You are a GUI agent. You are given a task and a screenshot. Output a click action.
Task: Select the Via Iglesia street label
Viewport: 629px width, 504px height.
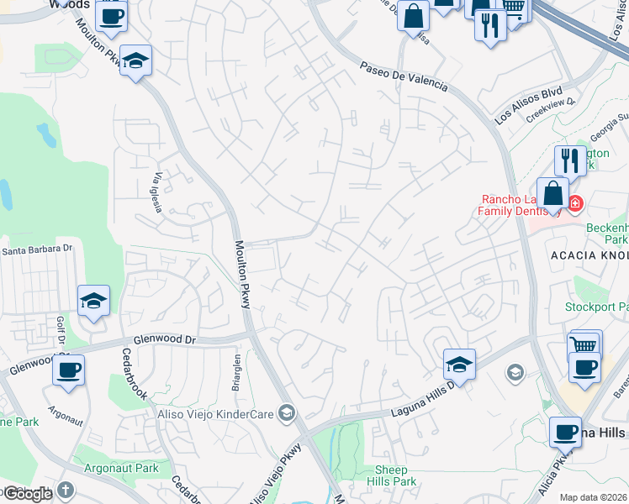tap(157, 192)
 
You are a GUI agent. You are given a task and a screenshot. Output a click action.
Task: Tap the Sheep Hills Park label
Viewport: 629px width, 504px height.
tap(392, 475)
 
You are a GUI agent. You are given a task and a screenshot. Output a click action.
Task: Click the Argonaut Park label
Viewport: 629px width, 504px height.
tap(122, 467)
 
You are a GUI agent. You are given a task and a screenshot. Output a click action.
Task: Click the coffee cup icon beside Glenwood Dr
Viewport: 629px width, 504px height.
tap(68, 369)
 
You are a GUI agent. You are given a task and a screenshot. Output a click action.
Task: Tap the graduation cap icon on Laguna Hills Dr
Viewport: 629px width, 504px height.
tap(459, 364)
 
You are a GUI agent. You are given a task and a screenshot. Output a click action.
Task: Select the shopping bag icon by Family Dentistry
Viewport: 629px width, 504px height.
tap(553, 192)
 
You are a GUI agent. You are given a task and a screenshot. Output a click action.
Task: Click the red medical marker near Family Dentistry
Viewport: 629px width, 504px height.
tap(576, 203)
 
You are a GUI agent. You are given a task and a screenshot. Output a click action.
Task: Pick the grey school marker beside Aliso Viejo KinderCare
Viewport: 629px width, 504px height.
tap(288, 412)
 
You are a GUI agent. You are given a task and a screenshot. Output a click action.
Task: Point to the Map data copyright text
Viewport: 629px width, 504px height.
tap(594, 497)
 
